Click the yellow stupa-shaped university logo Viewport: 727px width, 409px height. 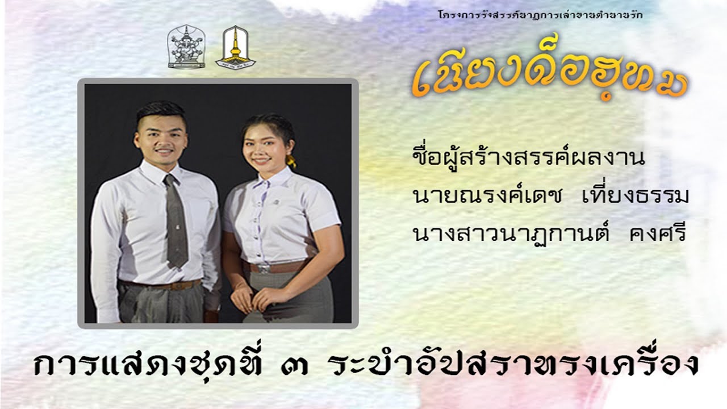tap(235, 47)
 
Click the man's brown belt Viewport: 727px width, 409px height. tap(162, 285)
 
